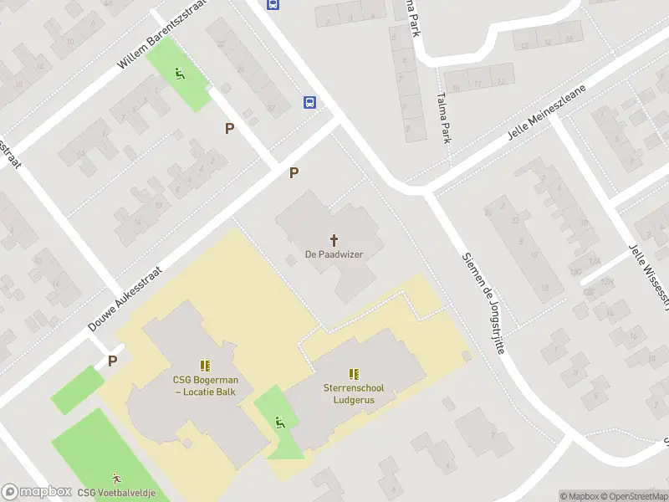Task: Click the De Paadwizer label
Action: tap(334, 254)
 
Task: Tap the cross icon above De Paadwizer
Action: tap(334, 239)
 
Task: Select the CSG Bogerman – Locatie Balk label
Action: tap(204, 385)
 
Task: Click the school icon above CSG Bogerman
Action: tap(204, 366)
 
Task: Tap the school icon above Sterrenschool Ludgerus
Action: tap(354, 375)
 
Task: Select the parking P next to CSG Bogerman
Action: tap(111, 361)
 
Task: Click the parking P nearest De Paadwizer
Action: tap(294, 173)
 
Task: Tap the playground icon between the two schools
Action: tap(279, 421)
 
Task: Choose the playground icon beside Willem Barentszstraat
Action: tap(180, 74)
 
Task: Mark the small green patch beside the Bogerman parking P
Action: tap(77, 388)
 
